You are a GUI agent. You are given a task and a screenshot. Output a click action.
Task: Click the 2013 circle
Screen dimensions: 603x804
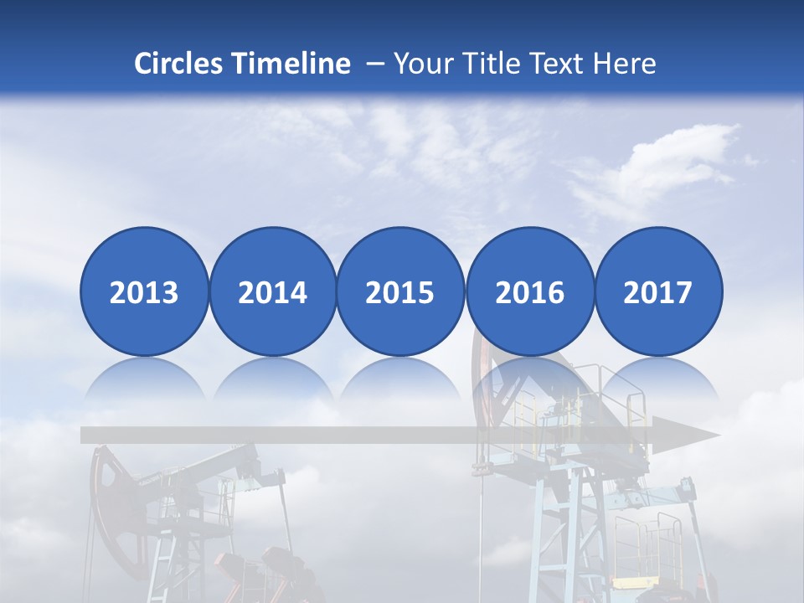144,291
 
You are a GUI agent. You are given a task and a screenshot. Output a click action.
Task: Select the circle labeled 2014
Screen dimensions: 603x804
272,291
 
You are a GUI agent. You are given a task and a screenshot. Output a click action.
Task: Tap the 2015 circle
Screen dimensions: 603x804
400,291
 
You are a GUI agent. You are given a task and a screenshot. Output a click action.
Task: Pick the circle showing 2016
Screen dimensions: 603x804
529,291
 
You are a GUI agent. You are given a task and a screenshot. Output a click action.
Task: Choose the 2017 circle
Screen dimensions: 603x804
658,291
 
